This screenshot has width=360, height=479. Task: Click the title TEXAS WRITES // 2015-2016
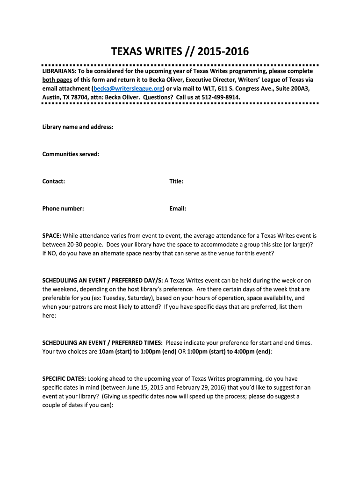(180, 51)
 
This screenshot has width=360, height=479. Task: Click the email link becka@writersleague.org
(128, 88)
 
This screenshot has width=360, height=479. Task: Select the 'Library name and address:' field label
(78, 127)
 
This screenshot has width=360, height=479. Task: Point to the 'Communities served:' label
(71, 154)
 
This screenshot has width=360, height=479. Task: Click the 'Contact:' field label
(54, 181)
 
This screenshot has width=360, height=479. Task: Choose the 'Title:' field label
(176, 181)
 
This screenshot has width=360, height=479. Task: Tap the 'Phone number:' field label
(63, 209)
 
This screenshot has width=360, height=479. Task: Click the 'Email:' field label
(178, 209)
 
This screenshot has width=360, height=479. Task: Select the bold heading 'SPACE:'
(51, 236)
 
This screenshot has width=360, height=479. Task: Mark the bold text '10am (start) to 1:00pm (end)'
(137, 351)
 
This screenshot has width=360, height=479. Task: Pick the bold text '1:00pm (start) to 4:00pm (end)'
(229, 351)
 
